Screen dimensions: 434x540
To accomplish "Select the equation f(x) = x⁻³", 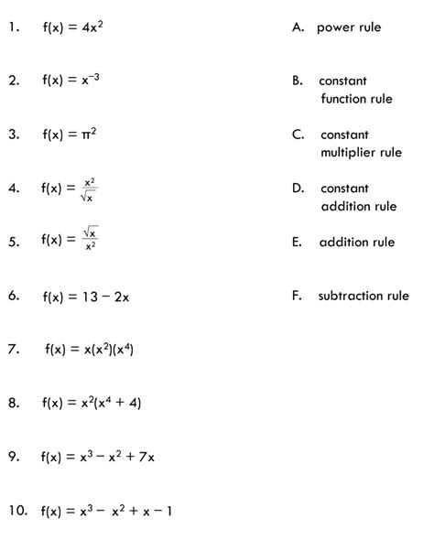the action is coord(71,81).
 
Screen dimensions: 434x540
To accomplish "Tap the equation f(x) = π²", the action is coord(70,135).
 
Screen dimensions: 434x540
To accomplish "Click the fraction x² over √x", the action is coord(89,189).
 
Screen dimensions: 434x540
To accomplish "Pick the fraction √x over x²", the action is coord(89,241).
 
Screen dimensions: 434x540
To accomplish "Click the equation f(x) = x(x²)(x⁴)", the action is coord(89,349).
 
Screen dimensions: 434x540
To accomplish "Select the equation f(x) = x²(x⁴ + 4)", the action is coord(92,402).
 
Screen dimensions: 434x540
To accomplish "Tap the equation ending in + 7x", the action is coord(103,456).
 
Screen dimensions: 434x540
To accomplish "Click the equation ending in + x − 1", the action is coord(107,511).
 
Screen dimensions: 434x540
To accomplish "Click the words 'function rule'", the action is coord(356,99).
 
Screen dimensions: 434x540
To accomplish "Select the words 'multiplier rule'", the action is coord(361,152).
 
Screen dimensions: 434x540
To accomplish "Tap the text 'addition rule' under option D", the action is coord(358,206).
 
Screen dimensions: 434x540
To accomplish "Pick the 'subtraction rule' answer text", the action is coord(363,296).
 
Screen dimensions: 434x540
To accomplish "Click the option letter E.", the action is coord(297,243).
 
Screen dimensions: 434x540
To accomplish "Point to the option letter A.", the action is coord(298,27).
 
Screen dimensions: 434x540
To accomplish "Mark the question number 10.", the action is coord(16,510).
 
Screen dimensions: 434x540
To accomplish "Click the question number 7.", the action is coord(13,349).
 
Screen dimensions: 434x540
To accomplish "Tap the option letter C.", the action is coord(298,135).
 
